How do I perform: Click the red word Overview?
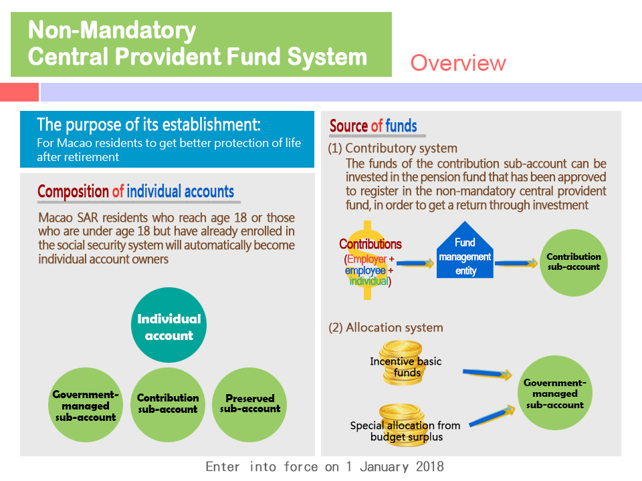(458, 63)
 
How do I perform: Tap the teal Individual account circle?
(169, 327)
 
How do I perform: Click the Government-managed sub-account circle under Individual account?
(85, 406)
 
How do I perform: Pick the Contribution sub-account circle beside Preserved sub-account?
(167, 403)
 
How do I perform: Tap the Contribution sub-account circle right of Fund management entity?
(573, 261)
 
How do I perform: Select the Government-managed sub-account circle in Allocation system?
(554, 393)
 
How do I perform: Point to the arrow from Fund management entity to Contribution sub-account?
(516, 264)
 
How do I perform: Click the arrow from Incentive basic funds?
(488, 373)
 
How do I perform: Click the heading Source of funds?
(373, 126)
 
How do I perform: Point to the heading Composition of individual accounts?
(136, 192)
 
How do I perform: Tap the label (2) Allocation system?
(385, 327)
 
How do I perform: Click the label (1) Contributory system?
(393, 148)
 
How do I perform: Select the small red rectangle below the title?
(19, 92)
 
